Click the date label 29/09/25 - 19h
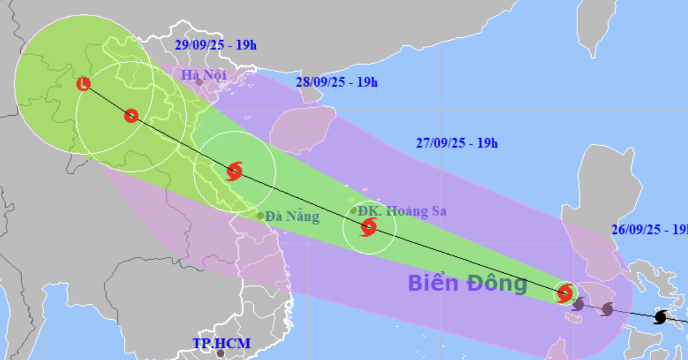[x=216, y=44]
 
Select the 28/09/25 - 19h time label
[x=337, y=82]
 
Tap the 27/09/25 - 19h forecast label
[x=456, y=143]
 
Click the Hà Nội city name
[x=204, y=75]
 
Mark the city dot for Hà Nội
[x=199, y=83]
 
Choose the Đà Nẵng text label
[x=292, y=217]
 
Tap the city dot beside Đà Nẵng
[x=260, y=216]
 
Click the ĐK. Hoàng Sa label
[x=402, y=211]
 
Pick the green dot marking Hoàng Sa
[x=354, y=210]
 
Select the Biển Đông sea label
[x=467, y=283]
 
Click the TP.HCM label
[x=221, y=343]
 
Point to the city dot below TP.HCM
[x=221, y=354]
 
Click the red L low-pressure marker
[x=84, y=84]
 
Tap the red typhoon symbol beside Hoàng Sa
[x=368, y=228]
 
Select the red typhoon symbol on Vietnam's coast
[x=234, y=171]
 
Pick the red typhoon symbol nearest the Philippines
[x=565, y=294]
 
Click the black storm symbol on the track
[x=662, y=317]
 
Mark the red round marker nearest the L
[x=131, y=116]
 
